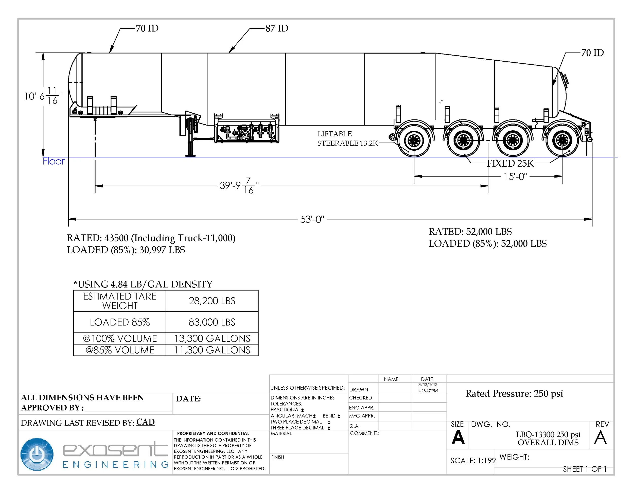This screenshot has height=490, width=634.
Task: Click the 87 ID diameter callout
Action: (x=276, y=28)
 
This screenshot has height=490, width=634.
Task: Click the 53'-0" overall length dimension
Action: (x=312, y=219)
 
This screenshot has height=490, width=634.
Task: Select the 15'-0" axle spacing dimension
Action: (x=515, y=177)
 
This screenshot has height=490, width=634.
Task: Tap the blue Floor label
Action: (x=54, y=161)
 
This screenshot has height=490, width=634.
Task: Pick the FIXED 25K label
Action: (x=510, y=163)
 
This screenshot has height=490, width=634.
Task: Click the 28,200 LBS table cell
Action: (x=212, y=301)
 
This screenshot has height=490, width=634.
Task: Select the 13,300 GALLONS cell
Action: (x=212, y=339)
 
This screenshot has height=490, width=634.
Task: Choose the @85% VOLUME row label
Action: (x=120, y=350)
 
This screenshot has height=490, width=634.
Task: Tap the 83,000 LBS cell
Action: (x=212, y=322)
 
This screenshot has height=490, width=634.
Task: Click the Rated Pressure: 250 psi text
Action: (x=514, y=394)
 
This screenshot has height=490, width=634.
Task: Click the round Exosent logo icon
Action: (x=37, y=454)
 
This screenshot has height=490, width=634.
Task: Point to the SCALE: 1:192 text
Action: (x=473, y=461)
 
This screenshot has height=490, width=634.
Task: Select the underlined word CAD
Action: (x=145, y=422)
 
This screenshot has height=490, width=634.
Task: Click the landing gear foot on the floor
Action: (x=190, y=155)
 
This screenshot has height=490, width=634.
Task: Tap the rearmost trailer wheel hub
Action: (x=562, y=141)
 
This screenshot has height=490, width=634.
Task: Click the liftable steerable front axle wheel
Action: (x=414, y=141)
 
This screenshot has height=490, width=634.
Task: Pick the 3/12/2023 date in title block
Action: (x=428, y=385)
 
